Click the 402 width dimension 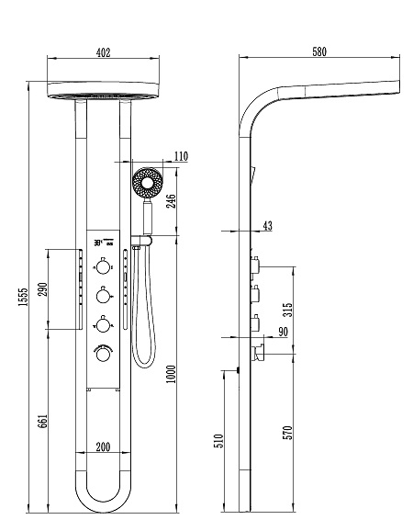pos(103,53)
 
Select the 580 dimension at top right pos(319,51)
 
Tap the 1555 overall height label pos(23,297)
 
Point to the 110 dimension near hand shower pos(181,156)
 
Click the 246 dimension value pos(172,201)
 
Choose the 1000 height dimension pos(172,374)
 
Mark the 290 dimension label pos(42,288)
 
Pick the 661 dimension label pos(42,421)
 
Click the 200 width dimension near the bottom pos(103,447)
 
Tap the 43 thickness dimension pos(267,226)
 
